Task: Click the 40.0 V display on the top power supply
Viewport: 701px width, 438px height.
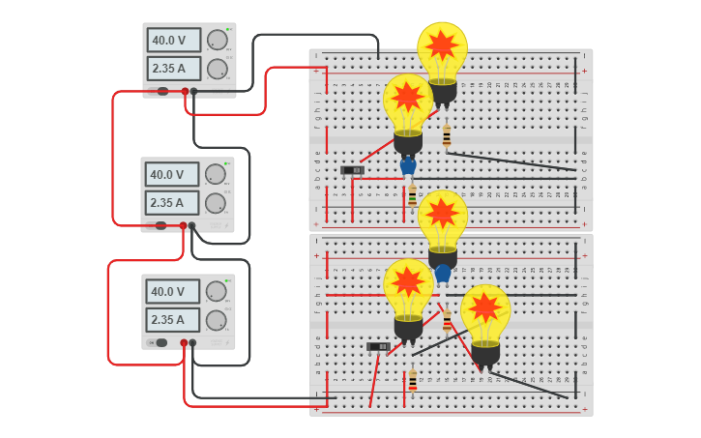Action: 174,40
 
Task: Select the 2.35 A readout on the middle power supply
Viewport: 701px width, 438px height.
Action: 172,203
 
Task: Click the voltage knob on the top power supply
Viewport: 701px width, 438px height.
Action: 217,40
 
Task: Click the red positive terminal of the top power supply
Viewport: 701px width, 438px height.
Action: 185,91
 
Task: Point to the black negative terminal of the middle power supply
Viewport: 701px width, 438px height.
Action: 191,226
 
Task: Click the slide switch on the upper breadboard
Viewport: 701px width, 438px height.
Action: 353,170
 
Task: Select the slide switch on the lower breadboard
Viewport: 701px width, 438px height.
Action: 378,346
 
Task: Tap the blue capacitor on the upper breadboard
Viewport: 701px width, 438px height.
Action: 408,166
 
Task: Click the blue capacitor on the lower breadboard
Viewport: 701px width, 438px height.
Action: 443,274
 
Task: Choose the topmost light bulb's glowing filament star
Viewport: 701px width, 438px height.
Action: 442,44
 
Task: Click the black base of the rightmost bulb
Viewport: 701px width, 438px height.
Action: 485,355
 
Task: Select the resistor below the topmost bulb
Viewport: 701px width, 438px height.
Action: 446,136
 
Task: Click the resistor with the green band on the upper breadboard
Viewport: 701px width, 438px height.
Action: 412,195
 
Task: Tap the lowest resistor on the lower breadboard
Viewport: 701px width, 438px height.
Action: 413,380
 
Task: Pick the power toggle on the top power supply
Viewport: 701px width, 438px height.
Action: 162,91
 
